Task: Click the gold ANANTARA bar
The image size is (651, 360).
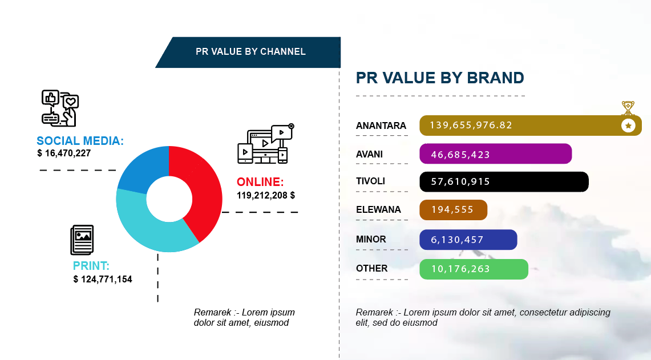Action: tap(530, 126)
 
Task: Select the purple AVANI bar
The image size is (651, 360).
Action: tap(496, 153)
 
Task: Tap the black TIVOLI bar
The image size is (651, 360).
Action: tap(504, 182)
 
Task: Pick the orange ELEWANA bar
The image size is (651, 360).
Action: tap(454, 210)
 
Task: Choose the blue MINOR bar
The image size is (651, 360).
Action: tap(468, 240)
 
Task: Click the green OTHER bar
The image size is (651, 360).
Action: tap(474, 269)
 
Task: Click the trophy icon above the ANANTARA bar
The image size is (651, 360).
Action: tap(628, 108)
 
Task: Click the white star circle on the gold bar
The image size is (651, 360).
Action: tap(628, 126)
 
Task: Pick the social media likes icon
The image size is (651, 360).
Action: tap(60, 108)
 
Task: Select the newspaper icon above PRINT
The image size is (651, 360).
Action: tap(82, 240)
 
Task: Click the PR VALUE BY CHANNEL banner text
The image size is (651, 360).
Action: tap(251, 51)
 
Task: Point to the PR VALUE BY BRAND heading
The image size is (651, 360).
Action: tap(440, 78)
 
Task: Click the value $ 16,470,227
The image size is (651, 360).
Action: tap(64, 153)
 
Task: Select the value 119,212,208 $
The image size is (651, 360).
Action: tap(266, 196)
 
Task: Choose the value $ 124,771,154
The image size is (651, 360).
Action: tap(103, 280)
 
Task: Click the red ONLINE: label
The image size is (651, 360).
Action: tap(260, 182)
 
